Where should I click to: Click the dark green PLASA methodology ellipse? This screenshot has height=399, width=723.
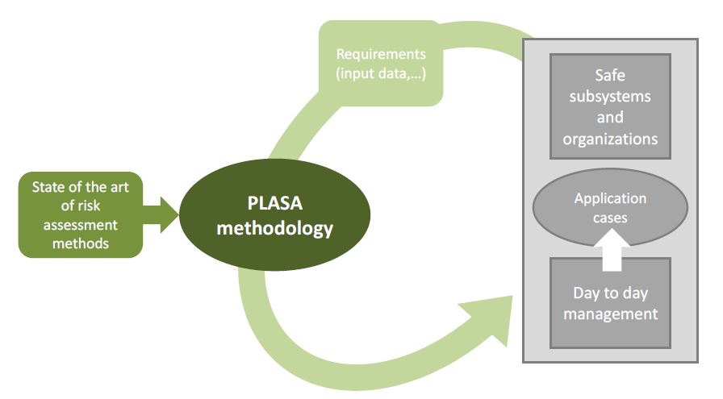click(274, 215)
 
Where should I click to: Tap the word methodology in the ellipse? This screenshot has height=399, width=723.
click(274, 229)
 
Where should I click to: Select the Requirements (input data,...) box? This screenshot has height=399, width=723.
click(380, 64)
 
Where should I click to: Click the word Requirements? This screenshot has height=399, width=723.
click(380, 55)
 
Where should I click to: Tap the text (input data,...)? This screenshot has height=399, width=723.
click(380, 74)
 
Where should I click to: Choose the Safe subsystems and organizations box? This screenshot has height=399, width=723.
click(610, 106)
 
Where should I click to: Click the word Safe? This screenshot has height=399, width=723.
click(610, 76)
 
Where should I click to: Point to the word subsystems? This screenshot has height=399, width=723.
click(610, 97)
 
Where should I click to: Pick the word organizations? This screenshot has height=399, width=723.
click(610, 139)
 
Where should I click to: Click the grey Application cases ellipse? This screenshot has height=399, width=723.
click(610, 207)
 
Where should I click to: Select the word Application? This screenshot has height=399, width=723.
click(610, 198)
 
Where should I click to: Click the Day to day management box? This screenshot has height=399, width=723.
click(610, 302)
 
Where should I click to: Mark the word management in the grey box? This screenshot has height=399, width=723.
click(610, 313)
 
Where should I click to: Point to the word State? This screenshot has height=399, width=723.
click(49, 187)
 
